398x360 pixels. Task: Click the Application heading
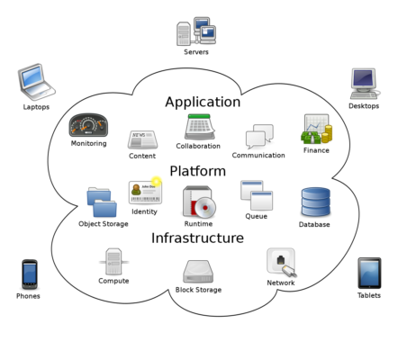(203, 103)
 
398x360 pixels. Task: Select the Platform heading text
(197, 171)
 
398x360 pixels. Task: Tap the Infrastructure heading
(197, 238)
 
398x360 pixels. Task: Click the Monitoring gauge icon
(88, 125)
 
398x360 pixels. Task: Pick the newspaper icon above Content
(142, 139)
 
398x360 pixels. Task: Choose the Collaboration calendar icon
(199, 127)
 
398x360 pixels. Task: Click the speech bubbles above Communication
(259, 137)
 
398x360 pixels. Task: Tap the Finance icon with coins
(316, 130)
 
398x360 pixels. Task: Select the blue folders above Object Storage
(102, 202)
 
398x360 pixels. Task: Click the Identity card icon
(145, 192)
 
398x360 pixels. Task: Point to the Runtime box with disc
(199, 202)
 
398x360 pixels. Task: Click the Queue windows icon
(257, 195)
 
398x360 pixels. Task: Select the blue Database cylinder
(315, 202)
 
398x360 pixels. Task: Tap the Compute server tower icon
(113, 262)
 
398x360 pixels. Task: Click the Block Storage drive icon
(198, 271)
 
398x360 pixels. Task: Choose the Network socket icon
(281, 262)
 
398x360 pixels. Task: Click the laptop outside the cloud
(36, 81)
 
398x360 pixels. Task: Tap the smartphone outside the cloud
(30, 274)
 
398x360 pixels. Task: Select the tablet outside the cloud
(369, 273)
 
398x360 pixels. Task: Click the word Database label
(314, 225)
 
